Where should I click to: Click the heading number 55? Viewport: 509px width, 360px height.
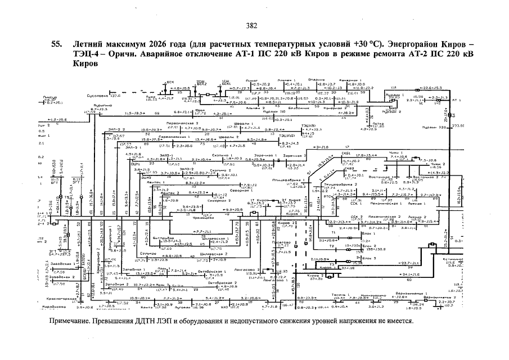click(56, 44)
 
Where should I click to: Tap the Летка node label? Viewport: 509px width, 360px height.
click(377, 123)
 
